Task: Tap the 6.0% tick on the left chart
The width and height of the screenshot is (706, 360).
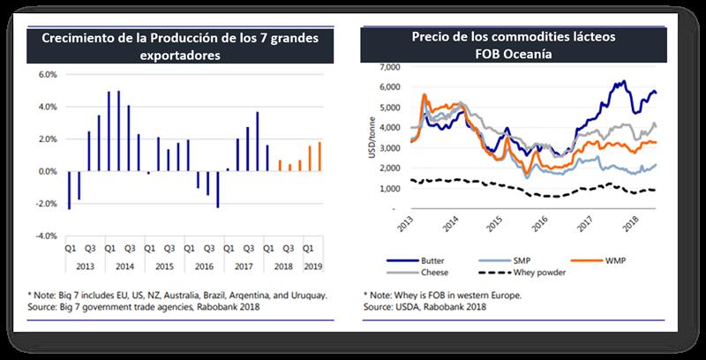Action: coord(47,75)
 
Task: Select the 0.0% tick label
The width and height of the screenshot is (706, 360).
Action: coord(47,172)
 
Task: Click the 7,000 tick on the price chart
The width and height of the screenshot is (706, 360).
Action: coord(388,67)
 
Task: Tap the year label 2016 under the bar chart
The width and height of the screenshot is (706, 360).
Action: coord(205,264)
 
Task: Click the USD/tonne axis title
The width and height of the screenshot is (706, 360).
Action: coord(371,140)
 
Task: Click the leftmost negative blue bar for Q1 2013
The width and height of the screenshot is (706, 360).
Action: coord(69,190)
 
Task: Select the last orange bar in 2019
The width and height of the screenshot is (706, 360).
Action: coord(319,157)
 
